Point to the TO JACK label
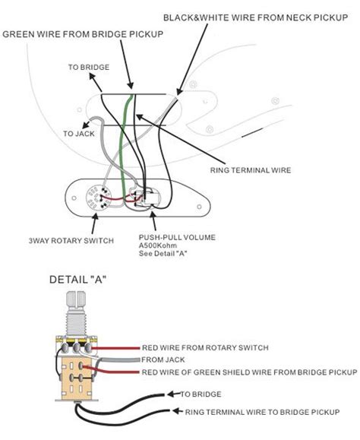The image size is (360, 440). click(x=80, y=133)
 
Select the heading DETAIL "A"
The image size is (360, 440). click(x=77, y=280)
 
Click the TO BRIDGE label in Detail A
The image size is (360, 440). click(x=201, y=395)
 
